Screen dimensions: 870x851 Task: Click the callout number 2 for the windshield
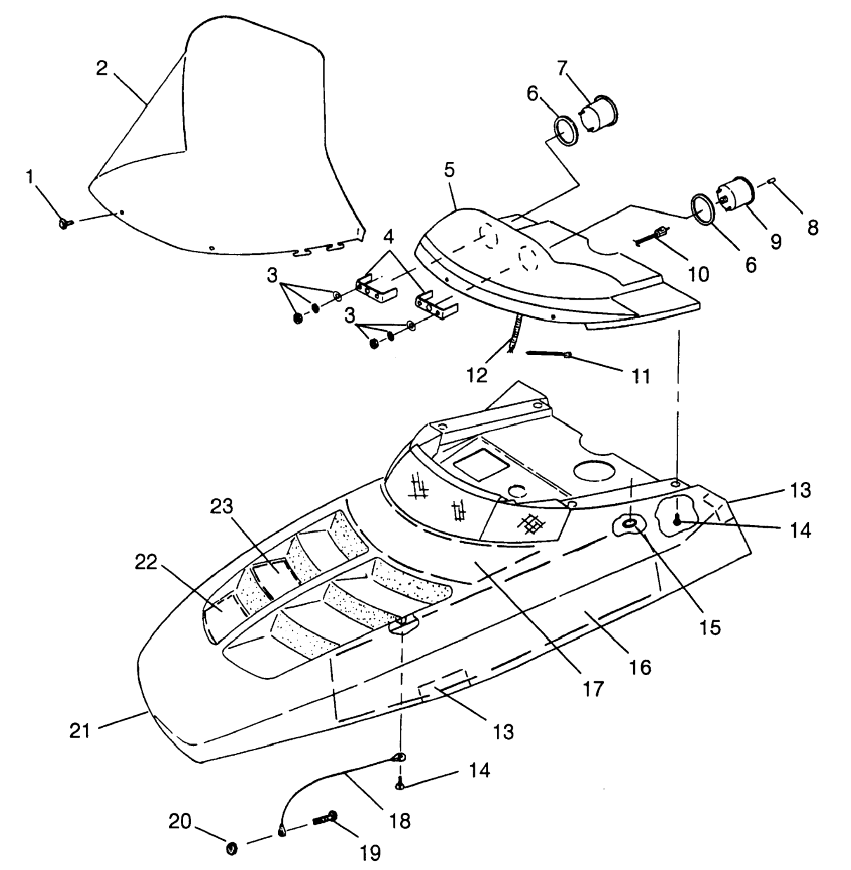(102, 68)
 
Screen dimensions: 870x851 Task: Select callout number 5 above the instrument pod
(449, 170)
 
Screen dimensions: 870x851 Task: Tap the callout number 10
(699, 274)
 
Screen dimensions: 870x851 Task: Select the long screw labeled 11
(548, 355)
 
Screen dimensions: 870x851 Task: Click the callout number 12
(477, 375)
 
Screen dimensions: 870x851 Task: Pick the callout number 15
(710, 627)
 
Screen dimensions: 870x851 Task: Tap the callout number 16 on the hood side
(640, 667)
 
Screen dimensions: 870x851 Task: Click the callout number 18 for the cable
(399, 820)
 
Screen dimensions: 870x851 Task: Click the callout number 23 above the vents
(222, 506)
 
